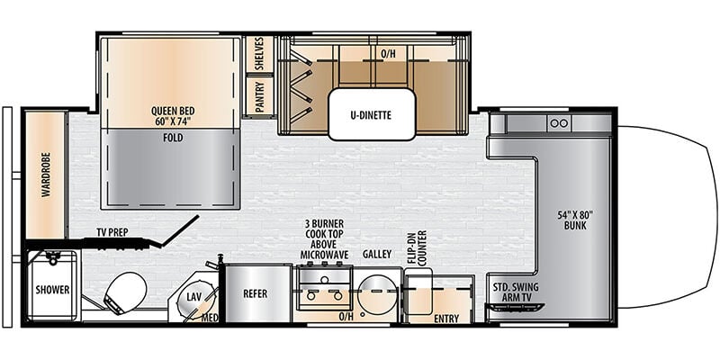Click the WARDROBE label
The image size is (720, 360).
46,175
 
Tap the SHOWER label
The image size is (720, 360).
53,290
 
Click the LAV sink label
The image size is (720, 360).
193,297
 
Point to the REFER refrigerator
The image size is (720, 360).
255,294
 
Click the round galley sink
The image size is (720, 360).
378,291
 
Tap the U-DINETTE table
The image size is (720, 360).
372,114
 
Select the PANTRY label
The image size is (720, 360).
260,97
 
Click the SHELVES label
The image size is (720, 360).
259,54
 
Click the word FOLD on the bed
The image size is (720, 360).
173,138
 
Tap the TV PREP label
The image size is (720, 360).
112,232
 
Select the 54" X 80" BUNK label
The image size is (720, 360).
576,220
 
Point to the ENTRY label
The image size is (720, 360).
446,319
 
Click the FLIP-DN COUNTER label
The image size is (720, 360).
416,247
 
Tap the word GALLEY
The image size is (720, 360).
377,254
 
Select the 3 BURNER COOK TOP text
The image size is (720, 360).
324,234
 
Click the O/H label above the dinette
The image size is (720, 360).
388,54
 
